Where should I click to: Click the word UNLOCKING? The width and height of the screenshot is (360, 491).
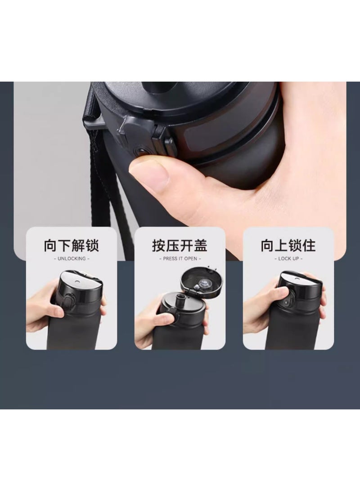(x=72, y=259)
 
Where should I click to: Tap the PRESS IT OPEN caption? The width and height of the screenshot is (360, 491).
(x=180, y=259)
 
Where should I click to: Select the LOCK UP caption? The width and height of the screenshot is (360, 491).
(x=288, y=259)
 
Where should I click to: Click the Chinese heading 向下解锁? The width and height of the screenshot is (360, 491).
(x=72, y=245)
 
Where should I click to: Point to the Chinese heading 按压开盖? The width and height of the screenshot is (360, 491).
(x=180, y=245)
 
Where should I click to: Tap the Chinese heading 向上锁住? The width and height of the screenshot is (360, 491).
(x=288, y=245)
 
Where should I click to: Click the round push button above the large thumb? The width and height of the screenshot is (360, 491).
(x=140, y=152)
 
